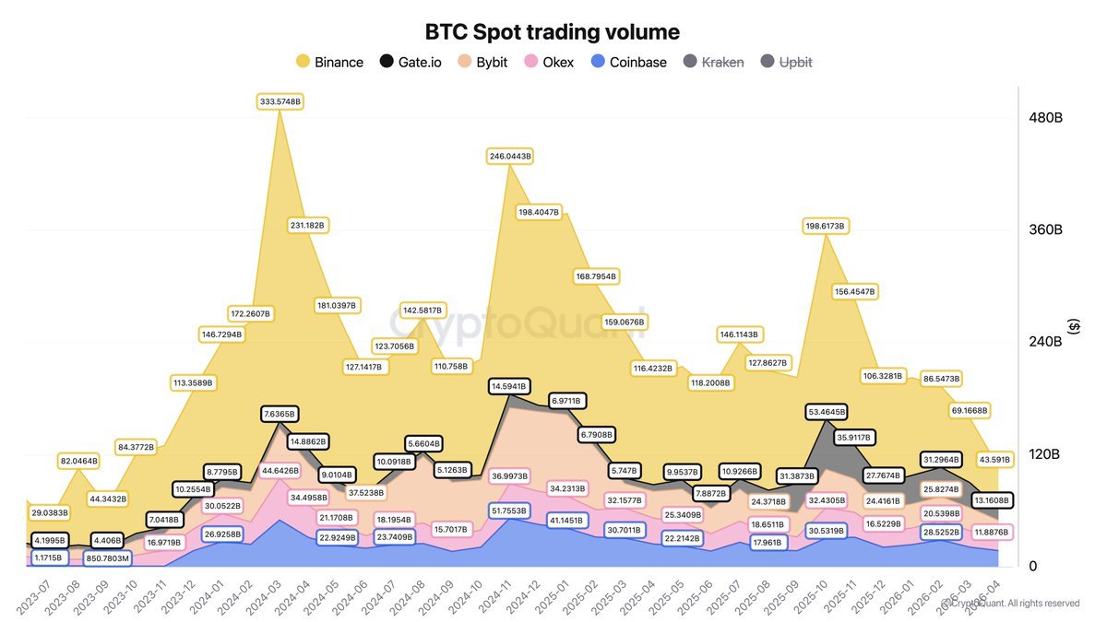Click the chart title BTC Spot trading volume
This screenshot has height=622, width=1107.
pos(552,32)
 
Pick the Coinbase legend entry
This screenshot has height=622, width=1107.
pos(628,63)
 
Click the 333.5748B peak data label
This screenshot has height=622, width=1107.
pos(280,101)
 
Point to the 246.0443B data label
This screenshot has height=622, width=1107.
pos(510,157)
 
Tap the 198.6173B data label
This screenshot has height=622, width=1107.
pos(826,226)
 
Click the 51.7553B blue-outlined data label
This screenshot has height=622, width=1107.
pos(508,510)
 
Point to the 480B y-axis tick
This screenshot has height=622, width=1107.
pos(1046,118)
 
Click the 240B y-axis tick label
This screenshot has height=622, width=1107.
pos(1046,342)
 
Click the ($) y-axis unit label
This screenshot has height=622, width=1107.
pos(1074,326)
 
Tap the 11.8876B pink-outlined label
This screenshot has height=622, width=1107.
pos(990,532)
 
